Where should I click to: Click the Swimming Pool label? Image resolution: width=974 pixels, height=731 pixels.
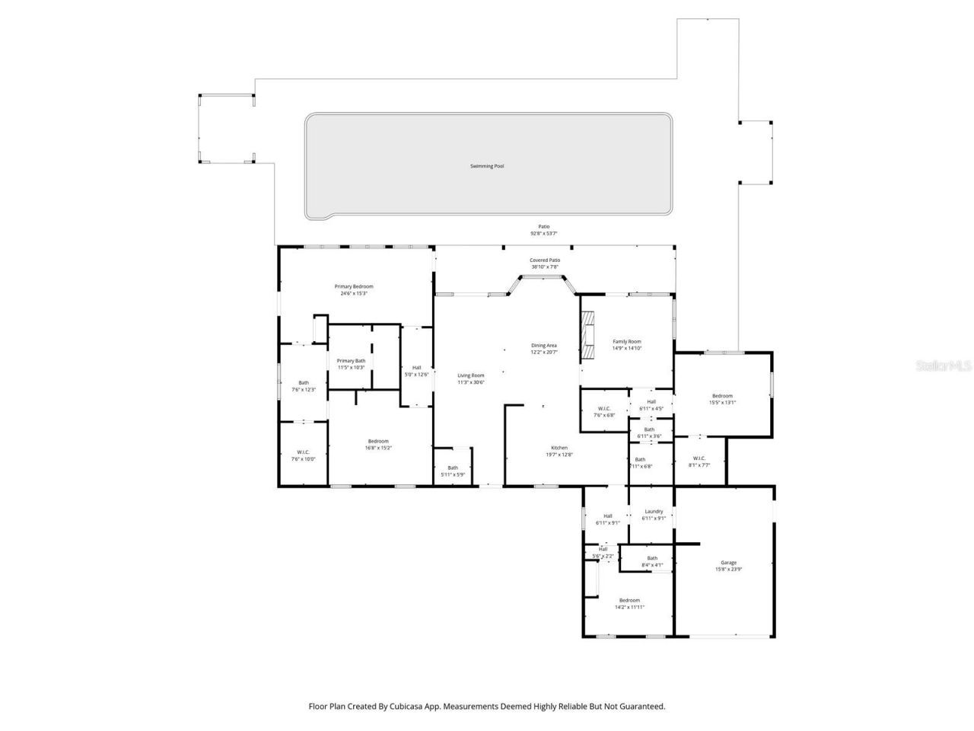pyautogui.click(x=487, y=166)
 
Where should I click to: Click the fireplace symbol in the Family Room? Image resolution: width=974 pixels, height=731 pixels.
pyautogui.click(x=587, y=335)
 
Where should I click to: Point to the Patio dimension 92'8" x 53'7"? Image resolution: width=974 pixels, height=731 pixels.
pyautogui.click(x=544, y=233)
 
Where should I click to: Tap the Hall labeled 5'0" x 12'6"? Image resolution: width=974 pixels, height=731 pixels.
pyautogui.click(x=416, y=370)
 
